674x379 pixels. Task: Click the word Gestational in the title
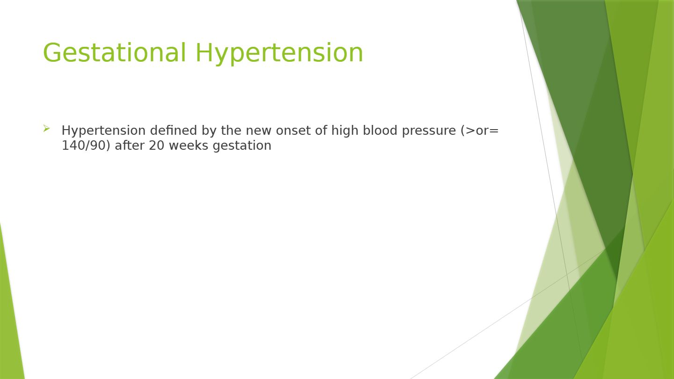(115, 52)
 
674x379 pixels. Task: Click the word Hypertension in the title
(279, 53)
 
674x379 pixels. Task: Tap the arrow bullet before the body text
(46, 128)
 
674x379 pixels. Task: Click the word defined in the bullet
(173, 130)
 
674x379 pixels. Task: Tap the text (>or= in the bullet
(480, 131)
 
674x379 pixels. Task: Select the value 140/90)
(86, 146)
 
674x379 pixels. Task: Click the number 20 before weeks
(156, 146)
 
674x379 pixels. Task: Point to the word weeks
(188, 146)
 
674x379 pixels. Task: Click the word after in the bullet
(130, 146)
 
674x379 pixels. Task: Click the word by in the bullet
(209, 131)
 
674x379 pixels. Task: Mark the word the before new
(231, 130)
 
